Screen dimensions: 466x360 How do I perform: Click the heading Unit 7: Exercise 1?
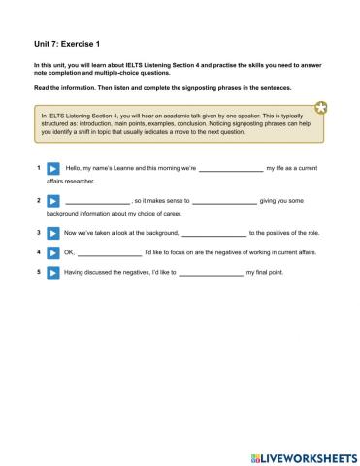(x=59, y=44)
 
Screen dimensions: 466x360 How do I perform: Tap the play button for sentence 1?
(x=54, y=169)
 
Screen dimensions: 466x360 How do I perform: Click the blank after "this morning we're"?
(x=230, y=169)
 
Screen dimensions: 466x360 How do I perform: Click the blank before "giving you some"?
(x=224, y=201)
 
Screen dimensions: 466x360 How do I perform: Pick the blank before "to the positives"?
(x=213, y=234)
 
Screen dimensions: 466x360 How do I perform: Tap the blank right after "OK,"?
(x=109, y=253)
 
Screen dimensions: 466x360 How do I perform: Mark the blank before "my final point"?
(x=211, y=273)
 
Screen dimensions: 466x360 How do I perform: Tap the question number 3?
(x=38, y=234)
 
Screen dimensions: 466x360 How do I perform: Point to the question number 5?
(x=38, y=273)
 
